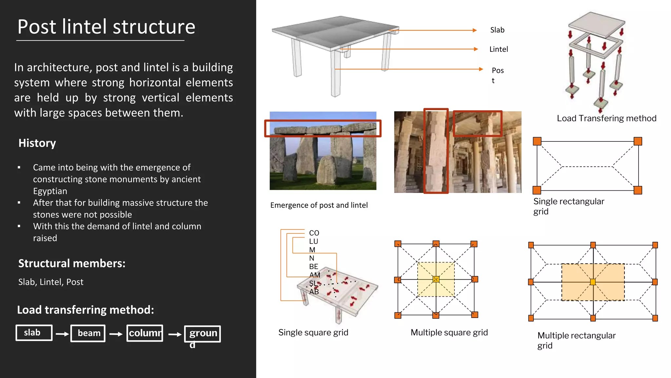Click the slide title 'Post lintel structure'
[106, 27]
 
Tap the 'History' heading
[37, 143]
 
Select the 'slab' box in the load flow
[34, 333]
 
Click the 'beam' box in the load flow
[88, 333]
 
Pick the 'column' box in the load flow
[145, 333]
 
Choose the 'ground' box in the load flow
[202, 334]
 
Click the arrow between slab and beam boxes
[62, 334]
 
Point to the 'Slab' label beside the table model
[497, 30]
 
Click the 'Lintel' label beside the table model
[498, 49]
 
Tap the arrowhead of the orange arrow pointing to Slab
[475, 30]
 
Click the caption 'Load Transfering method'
[606, 118]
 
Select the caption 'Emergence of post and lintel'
[319, 205]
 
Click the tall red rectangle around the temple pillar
[425, 151]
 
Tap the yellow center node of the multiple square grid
[436, 279]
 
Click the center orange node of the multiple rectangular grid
[593, 282]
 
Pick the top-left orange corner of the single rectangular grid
[537, 141]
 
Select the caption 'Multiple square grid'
[449, 332]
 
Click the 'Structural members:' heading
[72, 263]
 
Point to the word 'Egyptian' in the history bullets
[50, 191]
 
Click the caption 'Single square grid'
[313, 332]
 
